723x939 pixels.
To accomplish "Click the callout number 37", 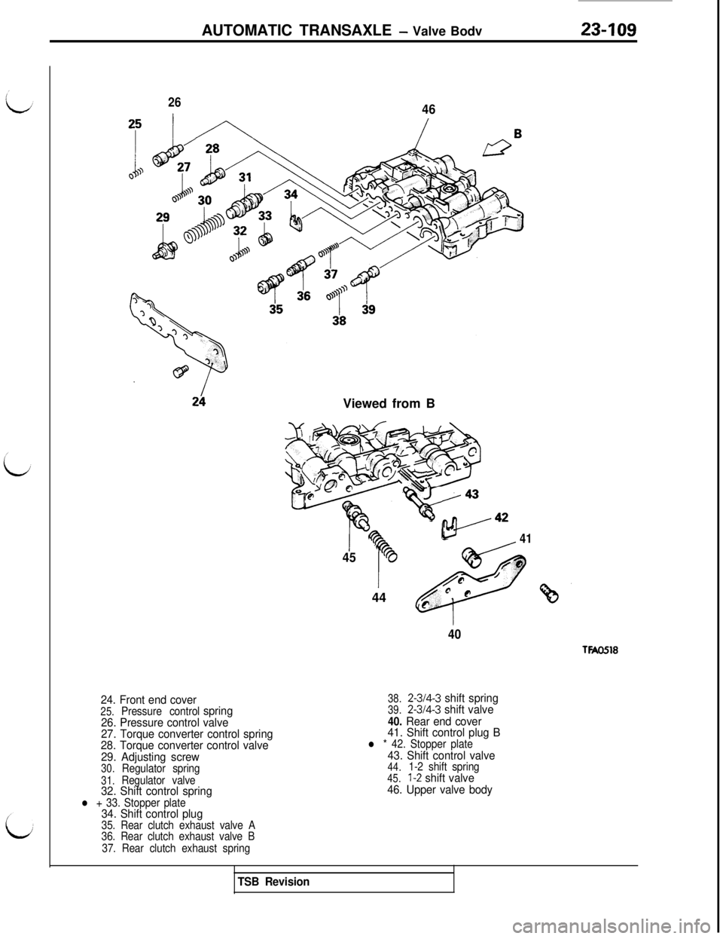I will [330, 274].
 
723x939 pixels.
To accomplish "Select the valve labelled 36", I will [300, 268].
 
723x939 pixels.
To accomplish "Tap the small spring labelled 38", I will [337, 296].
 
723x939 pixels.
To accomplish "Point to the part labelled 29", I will [163, 249].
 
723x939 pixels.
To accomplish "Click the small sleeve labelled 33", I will [265, 240].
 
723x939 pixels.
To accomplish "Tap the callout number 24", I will [200, 400].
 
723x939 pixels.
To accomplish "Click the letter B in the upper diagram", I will [517, 133].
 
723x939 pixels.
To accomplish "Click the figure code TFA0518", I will [599, 650].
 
